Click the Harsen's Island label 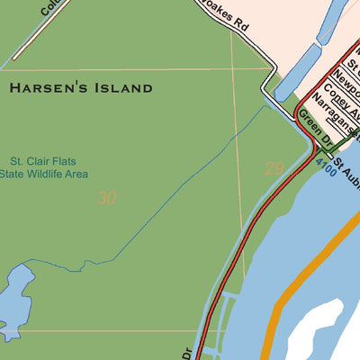click(81, 88)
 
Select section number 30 click(106, 198)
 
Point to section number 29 click(274, 168)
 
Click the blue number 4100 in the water click(327, 166)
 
